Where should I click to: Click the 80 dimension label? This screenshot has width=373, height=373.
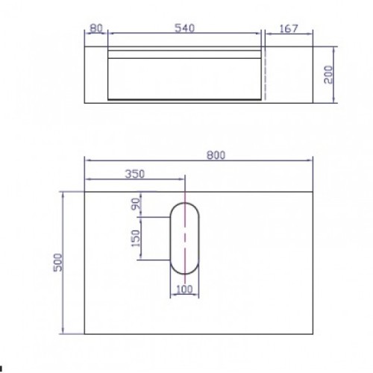tap(95, 28)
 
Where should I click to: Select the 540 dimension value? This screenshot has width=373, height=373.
tap(185, 28)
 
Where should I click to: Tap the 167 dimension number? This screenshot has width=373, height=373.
tap(288, 28)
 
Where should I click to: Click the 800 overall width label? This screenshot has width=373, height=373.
tap(216, 155)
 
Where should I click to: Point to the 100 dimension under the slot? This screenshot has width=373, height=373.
tap(184, 289)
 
